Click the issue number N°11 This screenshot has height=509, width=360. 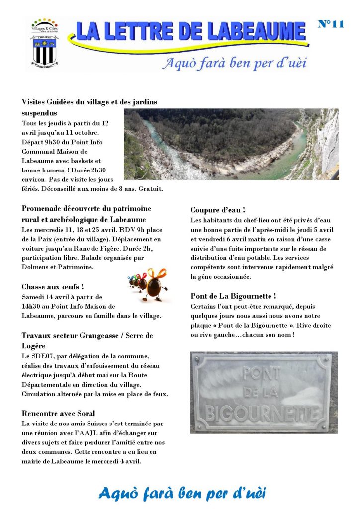tap(330, 24)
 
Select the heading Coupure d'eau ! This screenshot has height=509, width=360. tap(218, 210)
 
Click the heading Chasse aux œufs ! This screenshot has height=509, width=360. tap(53, 287)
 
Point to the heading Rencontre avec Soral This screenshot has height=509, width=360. tap(59, 413)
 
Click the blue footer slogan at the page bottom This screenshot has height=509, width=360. tap(182, 493)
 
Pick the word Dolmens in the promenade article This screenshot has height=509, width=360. tap(36, 268)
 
